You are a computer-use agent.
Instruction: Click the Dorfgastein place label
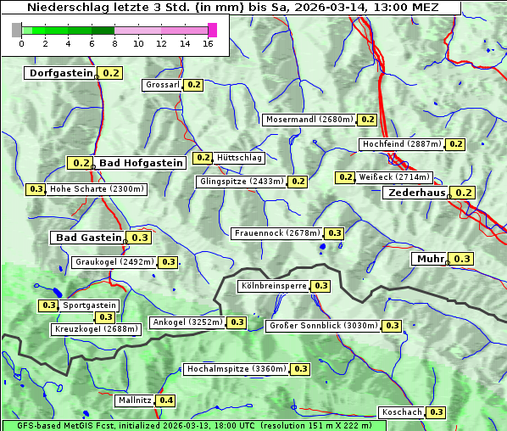(x=60, y=73)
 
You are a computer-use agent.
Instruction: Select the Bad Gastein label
(x=88, y=238)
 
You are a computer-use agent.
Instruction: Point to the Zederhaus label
(x=416, y=193)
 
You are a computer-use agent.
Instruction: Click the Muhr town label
(x=430, y=259)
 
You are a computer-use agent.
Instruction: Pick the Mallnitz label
(x=135, y=400)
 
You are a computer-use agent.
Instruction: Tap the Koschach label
(x=402, y=412)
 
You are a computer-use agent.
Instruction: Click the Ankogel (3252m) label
(x=187, y=322)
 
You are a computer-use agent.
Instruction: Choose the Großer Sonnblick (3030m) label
(x=322, y=326)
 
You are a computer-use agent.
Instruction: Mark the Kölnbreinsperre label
(x=272, y=286)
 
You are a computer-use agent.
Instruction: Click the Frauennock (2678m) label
(x=276, y=233)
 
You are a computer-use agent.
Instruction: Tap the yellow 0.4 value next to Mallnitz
(x=166, y=400)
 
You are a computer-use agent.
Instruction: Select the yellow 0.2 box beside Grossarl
(x=194, y=85)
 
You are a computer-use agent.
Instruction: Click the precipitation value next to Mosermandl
(x=368, y=120)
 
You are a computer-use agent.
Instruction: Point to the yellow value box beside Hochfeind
(x=456, y=144)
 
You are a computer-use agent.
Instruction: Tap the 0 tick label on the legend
(x=21, y=42)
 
